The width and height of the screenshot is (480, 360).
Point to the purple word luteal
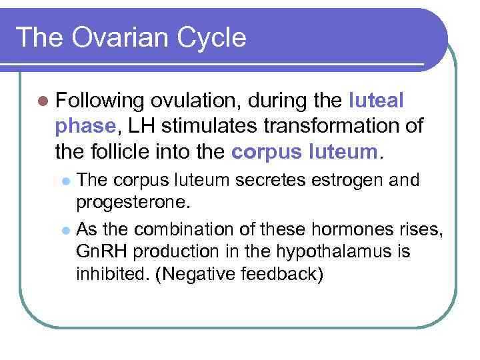tap(376, 101)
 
